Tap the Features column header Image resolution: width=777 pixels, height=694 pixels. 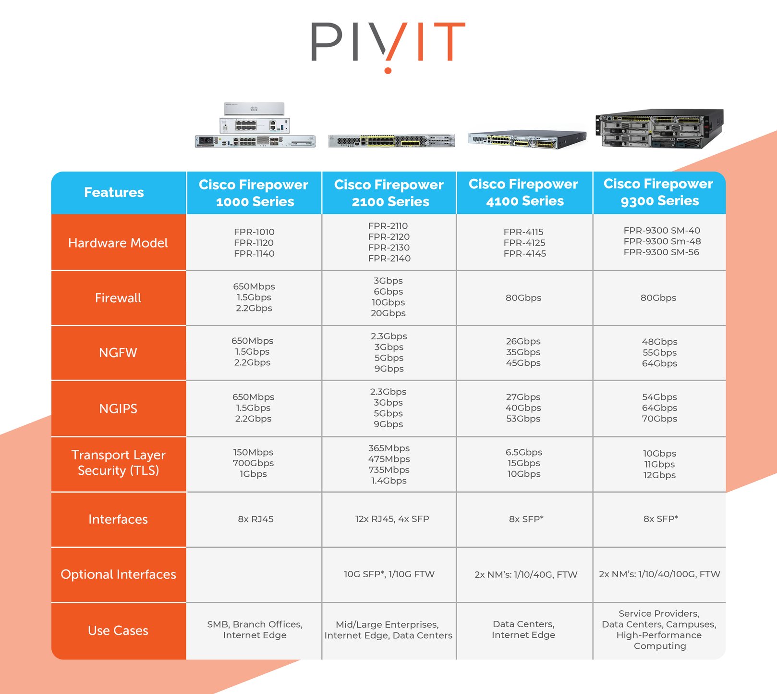coord(114,192)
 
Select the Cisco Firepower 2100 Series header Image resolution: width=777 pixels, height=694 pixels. coord(389,193)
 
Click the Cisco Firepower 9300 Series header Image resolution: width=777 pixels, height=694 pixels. coord(658,192)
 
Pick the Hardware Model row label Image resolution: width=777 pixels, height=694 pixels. coord(118,243)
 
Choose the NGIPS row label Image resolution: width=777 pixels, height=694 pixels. coord(118,409)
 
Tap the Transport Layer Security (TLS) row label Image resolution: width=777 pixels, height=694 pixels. coord(118,463)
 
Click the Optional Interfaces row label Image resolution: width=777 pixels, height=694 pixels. coord(118,574)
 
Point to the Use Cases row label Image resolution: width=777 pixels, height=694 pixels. coord(118,631)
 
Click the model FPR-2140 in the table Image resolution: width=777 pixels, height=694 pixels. coord(389,259)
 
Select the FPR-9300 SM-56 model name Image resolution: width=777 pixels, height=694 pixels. coord(661,252)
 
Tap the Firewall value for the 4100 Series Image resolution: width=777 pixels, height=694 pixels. coord(523,298)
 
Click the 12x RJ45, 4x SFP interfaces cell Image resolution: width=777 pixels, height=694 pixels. coord(392,519)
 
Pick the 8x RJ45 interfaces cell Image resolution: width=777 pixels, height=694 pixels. coord(255,519)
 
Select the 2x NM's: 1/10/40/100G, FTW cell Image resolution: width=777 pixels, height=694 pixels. coord(659,574)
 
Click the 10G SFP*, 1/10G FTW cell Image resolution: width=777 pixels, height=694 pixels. coord(389,574)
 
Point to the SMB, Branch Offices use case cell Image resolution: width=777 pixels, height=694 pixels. coord(255,630)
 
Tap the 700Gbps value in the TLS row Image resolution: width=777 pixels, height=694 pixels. coord(253,463)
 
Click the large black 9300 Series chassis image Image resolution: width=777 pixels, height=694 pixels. coord(659,128)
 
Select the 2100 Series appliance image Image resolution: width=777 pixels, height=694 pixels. coord(391,141)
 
